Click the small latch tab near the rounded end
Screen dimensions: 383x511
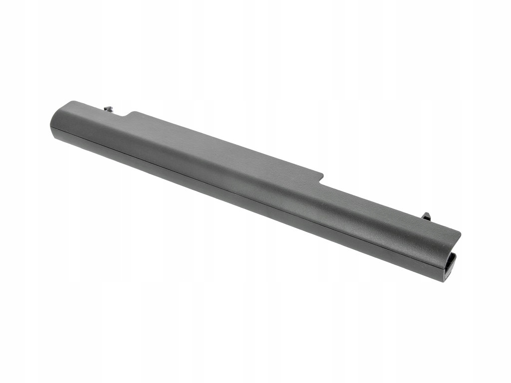point(108,108)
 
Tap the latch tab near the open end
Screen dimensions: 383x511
point(426,216)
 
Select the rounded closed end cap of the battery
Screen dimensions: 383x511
point(56,120)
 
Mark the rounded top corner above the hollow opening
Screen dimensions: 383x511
point(458,233)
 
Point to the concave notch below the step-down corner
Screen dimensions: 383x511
point(319,184)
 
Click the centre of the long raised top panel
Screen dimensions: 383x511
point(225,150)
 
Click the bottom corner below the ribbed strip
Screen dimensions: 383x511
point(444,281)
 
